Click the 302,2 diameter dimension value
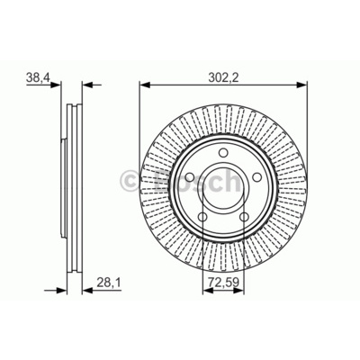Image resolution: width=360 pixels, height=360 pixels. [x=223, y=77]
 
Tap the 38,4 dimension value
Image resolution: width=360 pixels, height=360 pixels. [x=38, y=77]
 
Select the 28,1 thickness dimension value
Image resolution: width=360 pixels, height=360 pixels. [x=108, y=282]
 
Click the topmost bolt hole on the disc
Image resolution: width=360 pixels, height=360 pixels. [x=223, y=153]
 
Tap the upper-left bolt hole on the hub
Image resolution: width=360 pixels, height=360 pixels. [x=189, y=177]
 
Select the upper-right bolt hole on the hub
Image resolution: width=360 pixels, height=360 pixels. [x=256, y=177]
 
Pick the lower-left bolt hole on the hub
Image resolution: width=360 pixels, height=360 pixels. [x=202, y=217]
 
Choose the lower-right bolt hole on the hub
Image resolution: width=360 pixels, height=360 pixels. [x=244, y=217]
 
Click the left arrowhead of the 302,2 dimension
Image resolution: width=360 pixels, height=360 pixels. [x=145, y=85]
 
